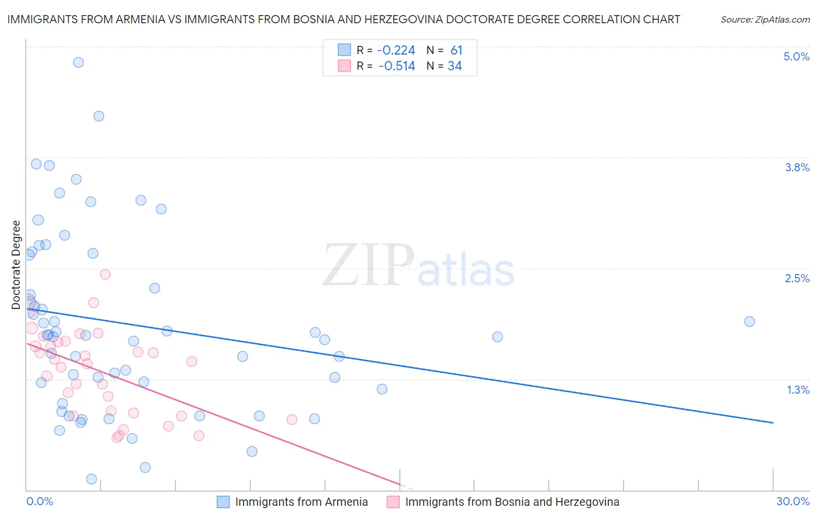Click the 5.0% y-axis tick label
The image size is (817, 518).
point(796,56)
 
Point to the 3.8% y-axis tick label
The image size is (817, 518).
point(797,167)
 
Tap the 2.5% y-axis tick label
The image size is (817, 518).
point(797,278)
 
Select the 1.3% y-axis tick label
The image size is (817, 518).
point(798,390)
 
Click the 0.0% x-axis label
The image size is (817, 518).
point(40,501)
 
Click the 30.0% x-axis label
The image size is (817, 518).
point(793,501)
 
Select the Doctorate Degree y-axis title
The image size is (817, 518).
point(16,265)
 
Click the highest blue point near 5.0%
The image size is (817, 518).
point(78,62)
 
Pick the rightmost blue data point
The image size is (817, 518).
point(750,322)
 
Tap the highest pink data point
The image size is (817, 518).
point(105,274)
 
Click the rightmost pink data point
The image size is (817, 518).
point(292,419)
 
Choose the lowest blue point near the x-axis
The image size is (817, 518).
point(91,479)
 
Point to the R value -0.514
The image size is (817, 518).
point(396,66)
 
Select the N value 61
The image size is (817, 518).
point(456,51)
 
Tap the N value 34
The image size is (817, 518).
point(454,66)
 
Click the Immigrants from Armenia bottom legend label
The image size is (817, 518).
point(301,502)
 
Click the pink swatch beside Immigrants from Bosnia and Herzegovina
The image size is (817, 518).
point(393,502)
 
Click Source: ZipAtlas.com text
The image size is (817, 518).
point(765,20)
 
